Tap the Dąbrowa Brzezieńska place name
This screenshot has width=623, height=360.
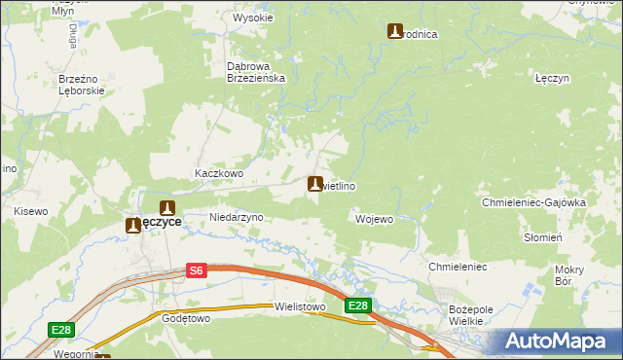coord(254,72)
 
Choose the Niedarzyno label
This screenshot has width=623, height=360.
coord(237,217)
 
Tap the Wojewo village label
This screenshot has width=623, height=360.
coord(374,219)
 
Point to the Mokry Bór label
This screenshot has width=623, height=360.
coord(568,274)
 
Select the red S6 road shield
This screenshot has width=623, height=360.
coord(197,271)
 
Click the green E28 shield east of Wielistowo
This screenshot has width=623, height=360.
coord(358,306)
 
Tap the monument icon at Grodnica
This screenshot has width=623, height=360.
coord(395,31)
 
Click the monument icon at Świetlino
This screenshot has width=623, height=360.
coord(314,183)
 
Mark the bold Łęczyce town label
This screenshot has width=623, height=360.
coord(155,222)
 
